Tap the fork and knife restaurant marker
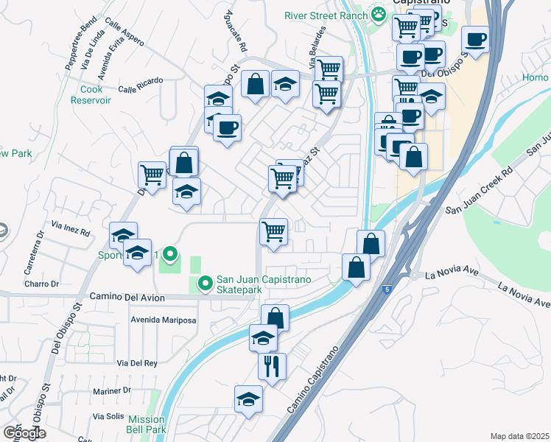272,365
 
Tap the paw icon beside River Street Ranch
378,13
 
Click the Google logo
24,432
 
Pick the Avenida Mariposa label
163,320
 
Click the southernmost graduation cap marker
248,400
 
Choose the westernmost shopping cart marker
152,175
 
